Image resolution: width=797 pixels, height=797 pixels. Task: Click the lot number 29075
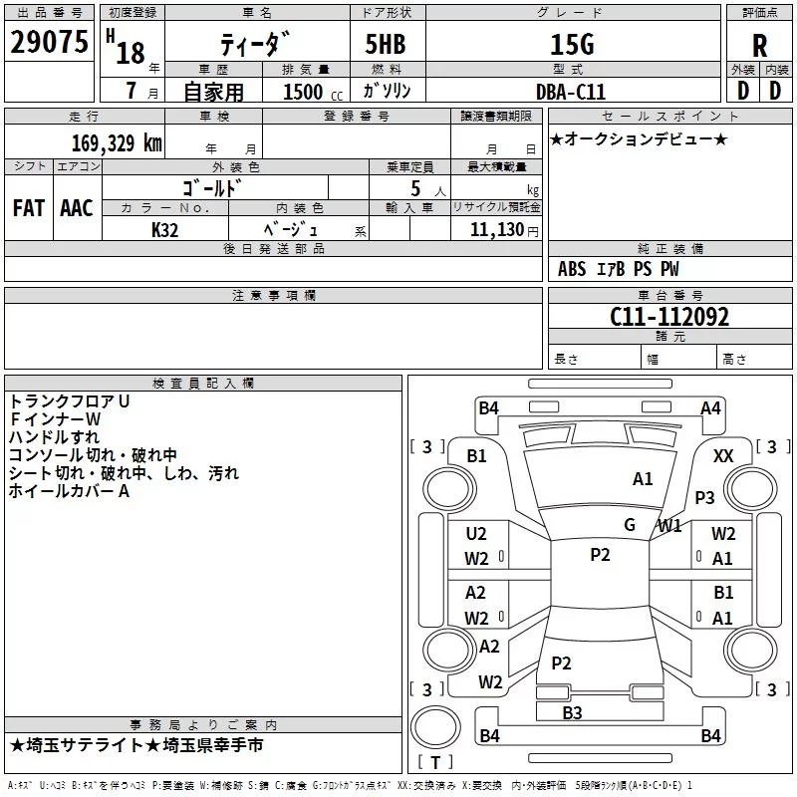[x=49, y=43]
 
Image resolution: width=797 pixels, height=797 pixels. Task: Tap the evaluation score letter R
[x=760, y=46]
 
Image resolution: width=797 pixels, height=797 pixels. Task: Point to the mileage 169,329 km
[x=116, y=142]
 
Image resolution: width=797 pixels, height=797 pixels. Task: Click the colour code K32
[x=165, y=228]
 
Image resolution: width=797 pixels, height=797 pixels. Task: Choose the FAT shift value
[x=28, y=207]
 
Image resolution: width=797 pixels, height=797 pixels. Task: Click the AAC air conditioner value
[x=76, y=207]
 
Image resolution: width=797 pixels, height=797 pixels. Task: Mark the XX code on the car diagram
[x=724, y=455]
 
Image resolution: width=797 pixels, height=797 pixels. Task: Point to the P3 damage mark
[x=705, y=497]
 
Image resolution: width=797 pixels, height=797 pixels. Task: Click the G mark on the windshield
[x=630, y=524]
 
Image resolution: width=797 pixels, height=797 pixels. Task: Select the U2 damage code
[x=476, y=534]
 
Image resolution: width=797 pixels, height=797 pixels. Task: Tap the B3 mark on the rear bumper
[x=572, y=712]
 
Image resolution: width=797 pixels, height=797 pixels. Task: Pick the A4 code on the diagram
[x=710, y=407]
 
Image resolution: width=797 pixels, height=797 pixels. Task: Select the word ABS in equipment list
[x=572, y=269]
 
